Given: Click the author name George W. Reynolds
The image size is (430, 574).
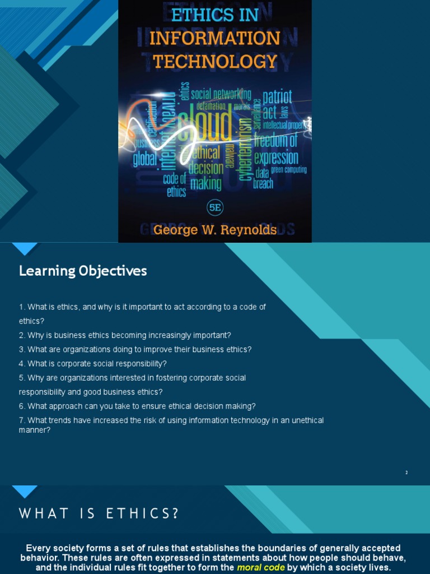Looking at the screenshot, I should [214, 230].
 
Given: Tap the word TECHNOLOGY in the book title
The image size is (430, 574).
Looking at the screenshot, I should [215, 61].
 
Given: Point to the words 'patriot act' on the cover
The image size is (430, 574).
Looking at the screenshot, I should [277, 104].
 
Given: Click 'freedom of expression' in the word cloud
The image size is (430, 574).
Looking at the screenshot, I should [276, 149].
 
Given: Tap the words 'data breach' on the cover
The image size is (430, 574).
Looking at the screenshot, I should [264, 178].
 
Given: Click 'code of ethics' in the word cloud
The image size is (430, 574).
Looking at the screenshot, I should [175, 185].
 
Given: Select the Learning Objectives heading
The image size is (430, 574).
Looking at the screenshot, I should [83, 271].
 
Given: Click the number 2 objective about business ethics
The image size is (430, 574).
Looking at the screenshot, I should [125, 335].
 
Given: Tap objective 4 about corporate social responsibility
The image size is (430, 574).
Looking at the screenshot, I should [93, 364].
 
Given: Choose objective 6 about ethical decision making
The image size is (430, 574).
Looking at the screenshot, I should [137, 406].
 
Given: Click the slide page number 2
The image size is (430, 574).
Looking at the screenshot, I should [406, 473].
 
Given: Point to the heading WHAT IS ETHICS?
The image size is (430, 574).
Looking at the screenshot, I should [100, 513].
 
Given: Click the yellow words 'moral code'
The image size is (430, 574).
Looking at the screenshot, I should [261, 568].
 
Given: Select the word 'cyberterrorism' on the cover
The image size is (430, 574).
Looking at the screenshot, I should [245, 149].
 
